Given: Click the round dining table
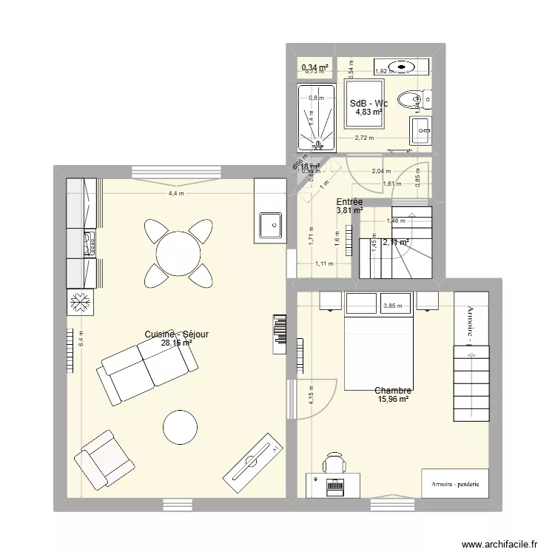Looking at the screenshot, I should tap(178, 252).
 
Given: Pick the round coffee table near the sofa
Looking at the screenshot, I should tap(181, 427).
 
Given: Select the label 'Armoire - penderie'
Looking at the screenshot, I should tap(451, 485).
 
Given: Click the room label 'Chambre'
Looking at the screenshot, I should tap(393, 391).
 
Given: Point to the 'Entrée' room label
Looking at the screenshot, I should tap(349, 201).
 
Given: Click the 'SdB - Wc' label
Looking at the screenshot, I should tap(369, 104).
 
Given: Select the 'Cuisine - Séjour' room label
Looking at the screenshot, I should tap(177, 334).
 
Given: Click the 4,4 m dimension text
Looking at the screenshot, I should tap(176, 194).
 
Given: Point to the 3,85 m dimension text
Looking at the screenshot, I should tap(393, 306).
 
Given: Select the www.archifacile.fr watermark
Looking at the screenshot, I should tap(500, 544).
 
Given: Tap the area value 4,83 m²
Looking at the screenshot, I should tap(368, 112).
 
